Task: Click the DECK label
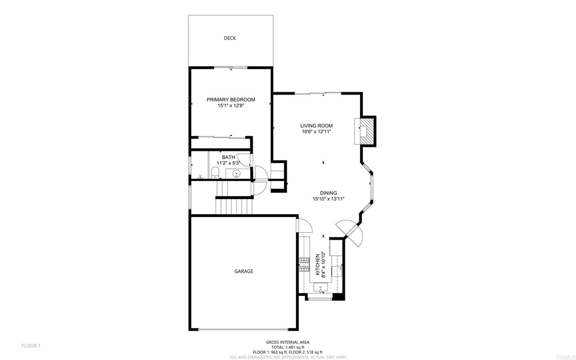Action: point(229,38)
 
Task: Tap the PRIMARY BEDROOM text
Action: point(231,100)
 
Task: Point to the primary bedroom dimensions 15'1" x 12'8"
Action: point(231,106)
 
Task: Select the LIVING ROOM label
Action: point(316,125)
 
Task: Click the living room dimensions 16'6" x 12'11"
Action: point(316,132)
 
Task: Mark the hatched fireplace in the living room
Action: point(366,131)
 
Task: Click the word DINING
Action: point(328,193)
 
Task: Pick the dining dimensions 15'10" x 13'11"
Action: point(328,199)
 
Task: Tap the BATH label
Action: point(228,157)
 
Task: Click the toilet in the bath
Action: point(216,172)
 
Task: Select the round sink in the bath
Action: point(237,173)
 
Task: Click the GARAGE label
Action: point(244,271)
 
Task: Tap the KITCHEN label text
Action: point(317,264)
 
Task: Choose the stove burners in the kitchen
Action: point(304,261)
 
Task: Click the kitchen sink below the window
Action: point(321,289)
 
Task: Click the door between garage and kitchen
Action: point(304,226)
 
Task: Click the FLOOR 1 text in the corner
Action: point(31,345)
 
